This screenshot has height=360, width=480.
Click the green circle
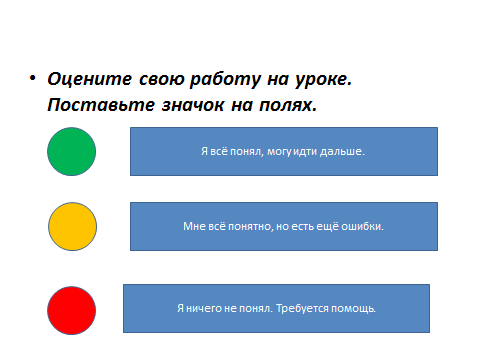pos(71,151)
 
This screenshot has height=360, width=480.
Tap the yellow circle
pos(72,226)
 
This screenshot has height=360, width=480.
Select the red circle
pos(71,310)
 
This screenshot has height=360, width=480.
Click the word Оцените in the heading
pos(90,79)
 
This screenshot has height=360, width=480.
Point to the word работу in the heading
pos(225,80)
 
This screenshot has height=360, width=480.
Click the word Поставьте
pos(101,105)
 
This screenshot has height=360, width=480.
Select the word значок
pos(193,105)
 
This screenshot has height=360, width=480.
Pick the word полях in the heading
pos(286,105)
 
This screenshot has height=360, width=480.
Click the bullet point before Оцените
pos(32,78)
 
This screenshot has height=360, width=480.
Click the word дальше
pos(341,152)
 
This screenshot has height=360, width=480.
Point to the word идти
pos(305,152)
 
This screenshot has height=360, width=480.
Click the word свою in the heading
pos(161,80)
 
